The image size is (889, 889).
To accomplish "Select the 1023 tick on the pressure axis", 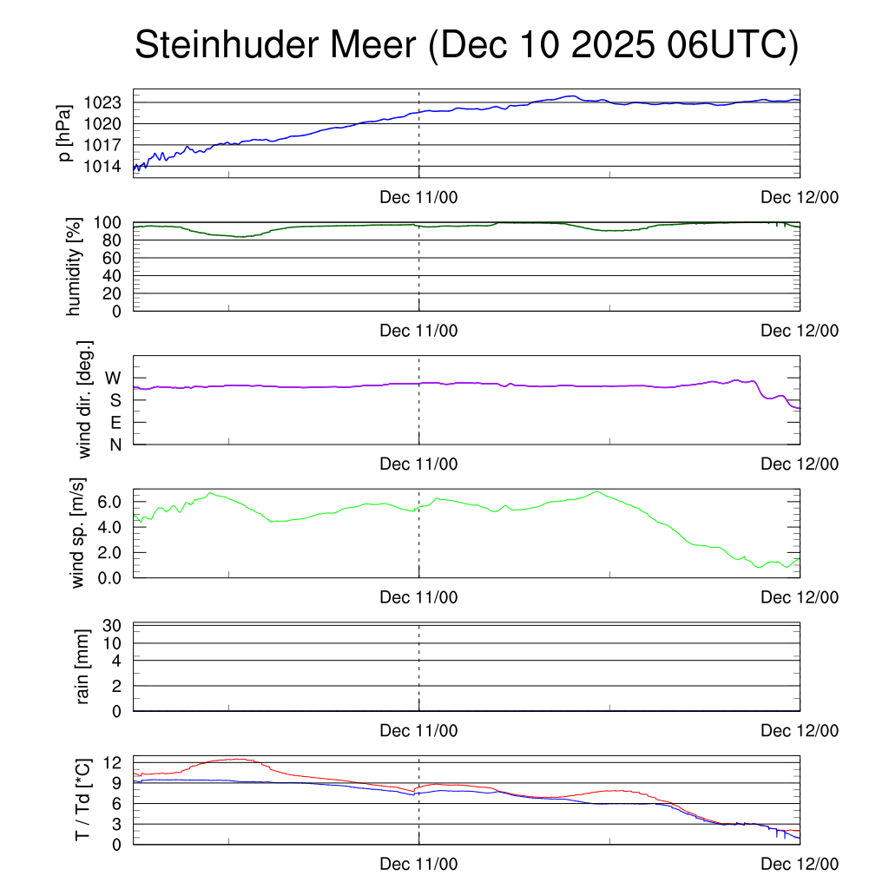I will point(108,103).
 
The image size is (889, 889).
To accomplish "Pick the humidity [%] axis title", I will point(74,267).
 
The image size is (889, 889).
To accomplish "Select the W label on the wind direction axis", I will point(114,379).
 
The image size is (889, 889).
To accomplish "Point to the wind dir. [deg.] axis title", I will point(84,398).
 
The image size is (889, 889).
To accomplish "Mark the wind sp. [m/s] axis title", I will point(79,532).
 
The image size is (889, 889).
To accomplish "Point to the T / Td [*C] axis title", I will point(82,800).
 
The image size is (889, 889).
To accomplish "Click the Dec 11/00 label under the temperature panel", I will point(418,865).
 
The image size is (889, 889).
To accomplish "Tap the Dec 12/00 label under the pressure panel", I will point(800,198).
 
